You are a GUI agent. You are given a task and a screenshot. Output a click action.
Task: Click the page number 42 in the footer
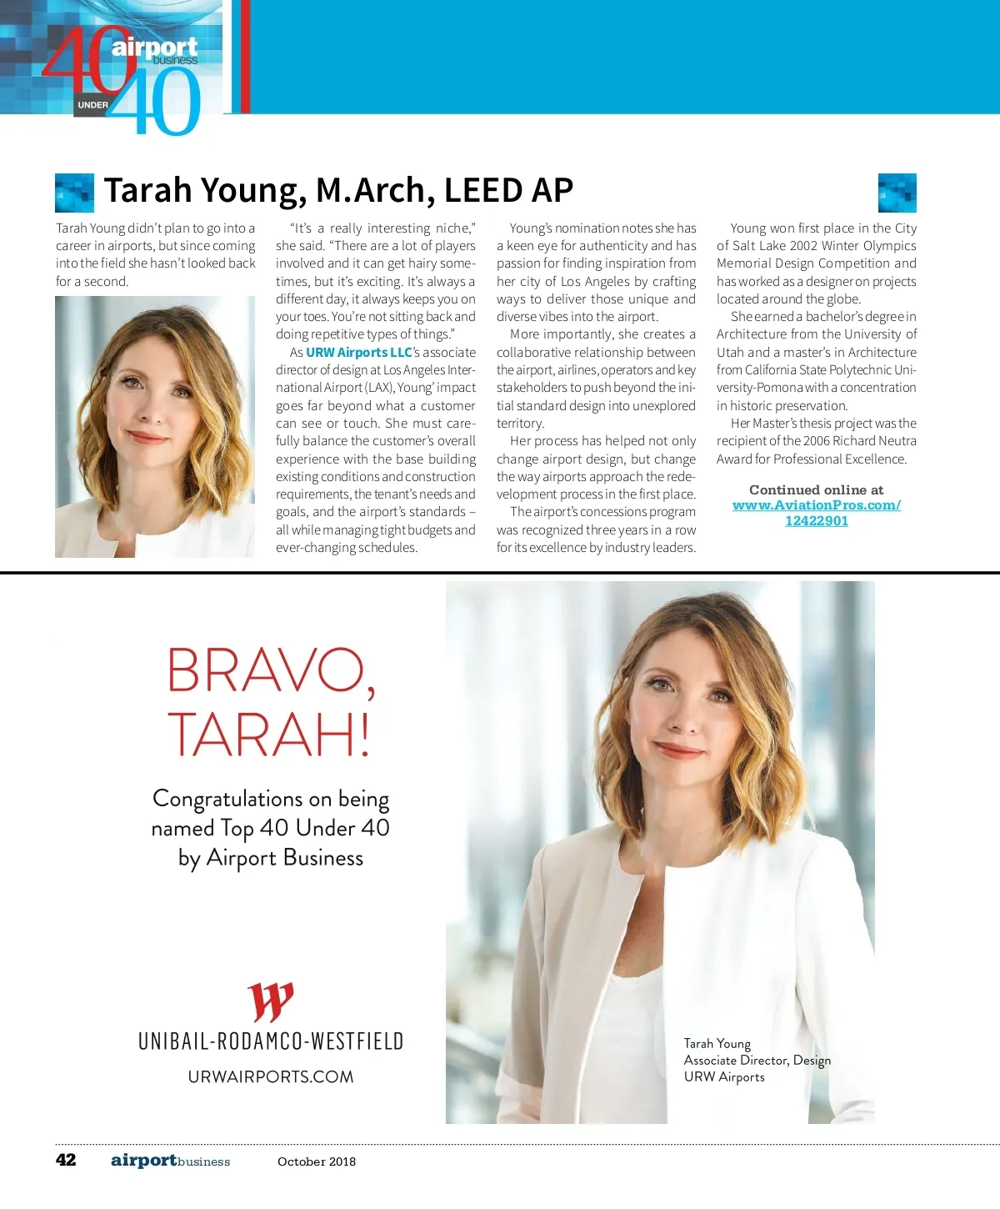pyautogui.click(x=66, y=1160)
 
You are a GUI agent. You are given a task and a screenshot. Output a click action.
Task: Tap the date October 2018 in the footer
pyautogui.click(x=317, y=1161)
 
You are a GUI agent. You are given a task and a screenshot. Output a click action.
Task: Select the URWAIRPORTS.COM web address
pyautogui.click(x=271, y=1076)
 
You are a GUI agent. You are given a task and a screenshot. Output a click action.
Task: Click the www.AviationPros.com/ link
pyautogui.click(x=816, y=505)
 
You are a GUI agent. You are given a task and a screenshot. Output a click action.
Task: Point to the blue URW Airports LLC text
pyautogui.click(x=359, y=353)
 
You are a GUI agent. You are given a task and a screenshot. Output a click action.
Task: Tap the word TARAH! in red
pyautogui.click(x=269, y=734)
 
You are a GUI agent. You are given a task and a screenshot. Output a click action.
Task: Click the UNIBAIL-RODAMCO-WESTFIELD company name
pyautogui.click(x=271, y=1041)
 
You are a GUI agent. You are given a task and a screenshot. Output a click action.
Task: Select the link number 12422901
pyautogui.click(x=817, y=521)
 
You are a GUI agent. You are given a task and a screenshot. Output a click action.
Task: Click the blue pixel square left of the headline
pyautogui.click(x=74, y=193)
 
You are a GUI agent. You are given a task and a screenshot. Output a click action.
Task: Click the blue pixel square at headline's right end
pyautogui.click(x=897, y=193)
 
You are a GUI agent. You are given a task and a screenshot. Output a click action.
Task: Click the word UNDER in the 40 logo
pyautogui.click(x=92, y=105)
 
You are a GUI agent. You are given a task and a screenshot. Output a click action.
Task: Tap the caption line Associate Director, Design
pyautogui.click(x=757, y=1060)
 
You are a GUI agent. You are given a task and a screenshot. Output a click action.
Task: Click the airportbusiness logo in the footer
pyautogui.click(x=170, y=1161)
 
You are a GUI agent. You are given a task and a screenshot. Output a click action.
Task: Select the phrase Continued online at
pyautogui.click(x=816, y=490)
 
